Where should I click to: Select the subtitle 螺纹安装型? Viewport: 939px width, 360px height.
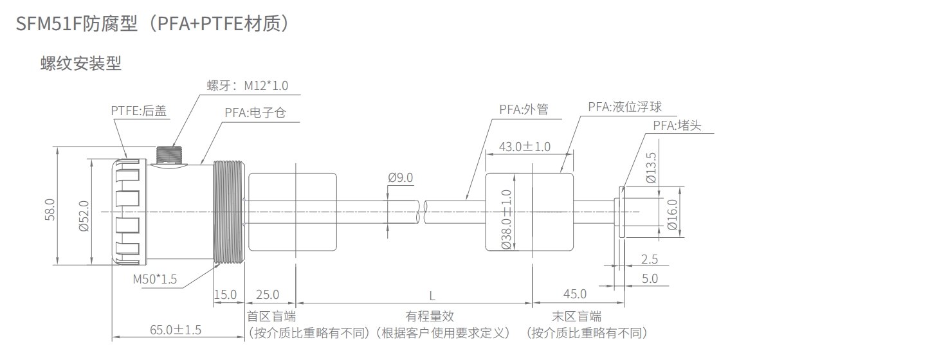tap(80, 64)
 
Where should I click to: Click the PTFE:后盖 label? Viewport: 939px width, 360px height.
tap(139, 111)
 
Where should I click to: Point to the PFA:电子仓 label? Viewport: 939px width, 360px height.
tap(255, 113)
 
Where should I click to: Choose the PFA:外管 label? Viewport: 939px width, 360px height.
tap(524, 109)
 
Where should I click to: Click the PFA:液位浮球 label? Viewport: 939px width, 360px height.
tap(624, 107)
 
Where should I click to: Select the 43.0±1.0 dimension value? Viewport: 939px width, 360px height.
tap(525, 147)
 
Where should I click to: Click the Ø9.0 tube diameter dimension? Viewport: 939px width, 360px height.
tap(400, 178)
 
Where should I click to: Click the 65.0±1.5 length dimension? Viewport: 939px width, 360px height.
tap(176, 330)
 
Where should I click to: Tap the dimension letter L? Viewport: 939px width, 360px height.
tap(432, 296)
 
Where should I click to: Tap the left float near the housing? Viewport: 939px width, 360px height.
tap(293, 212)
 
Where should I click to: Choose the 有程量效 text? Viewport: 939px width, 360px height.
tap(430, 316)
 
